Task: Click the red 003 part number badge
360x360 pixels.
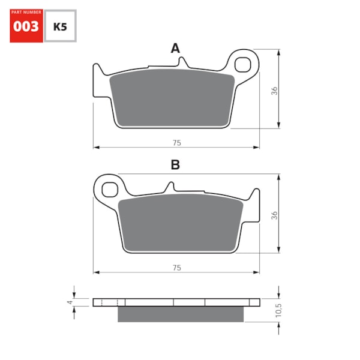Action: (x=26, y=26)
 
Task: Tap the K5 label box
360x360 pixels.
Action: (x=61, y=26)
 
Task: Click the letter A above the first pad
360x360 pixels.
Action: (x=175, y=48)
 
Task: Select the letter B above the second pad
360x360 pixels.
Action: (x=175, y=165)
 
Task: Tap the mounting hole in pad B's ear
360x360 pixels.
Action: (x=109, y=190)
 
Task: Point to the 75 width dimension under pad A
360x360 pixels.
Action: (x=176, y=143)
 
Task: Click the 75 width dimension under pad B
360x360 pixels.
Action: (x=176, y=268)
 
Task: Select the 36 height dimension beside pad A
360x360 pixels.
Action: (x=274, y=91)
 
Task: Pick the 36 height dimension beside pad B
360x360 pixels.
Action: (x=274, y=215)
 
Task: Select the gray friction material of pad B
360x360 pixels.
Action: (x=180, y=223)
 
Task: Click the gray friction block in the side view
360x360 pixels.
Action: (x=181, y=314)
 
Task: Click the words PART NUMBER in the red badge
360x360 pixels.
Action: (x=26, y=12)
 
